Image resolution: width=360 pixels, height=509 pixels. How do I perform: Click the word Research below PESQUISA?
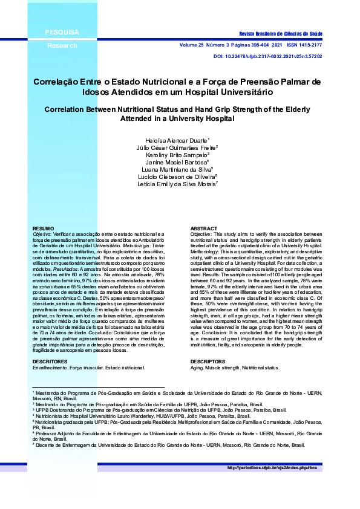[62, 45]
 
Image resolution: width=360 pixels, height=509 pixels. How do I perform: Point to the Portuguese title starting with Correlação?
[177, 86]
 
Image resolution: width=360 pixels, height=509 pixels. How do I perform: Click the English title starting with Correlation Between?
[177, 114]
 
